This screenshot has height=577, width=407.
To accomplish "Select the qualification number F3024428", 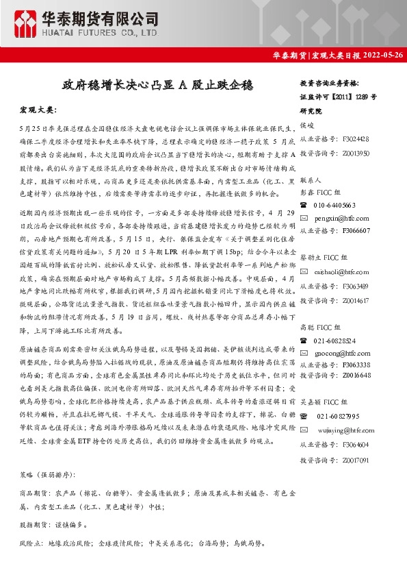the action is (x=356, y=138).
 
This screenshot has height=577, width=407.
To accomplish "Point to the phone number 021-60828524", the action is (x=334, y=340).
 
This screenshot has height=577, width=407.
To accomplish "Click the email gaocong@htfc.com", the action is (x=343, y=352).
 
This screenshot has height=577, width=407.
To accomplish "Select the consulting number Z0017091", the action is (x=356, y=459).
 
